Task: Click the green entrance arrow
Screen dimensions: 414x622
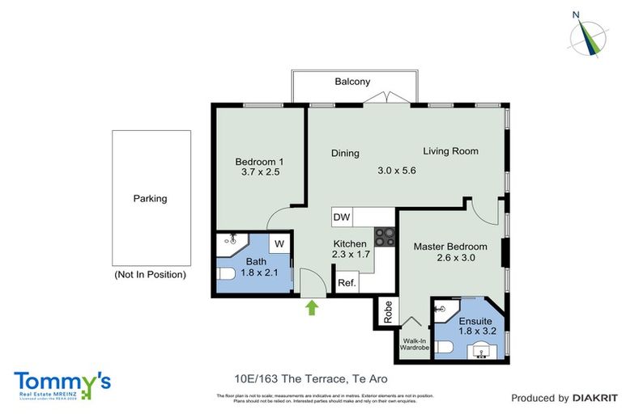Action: [312, 306]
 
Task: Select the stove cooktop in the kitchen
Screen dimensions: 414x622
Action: [384, 237]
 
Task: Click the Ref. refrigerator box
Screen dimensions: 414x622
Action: [347, 283]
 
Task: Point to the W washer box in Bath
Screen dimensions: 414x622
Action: [278, 243]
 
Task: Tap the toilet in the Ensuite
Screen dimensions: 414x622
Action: [443, 348]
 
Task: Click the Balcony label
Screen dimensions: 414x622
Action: [352, 82]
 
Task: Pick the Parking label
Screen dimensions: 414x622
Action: [151, 198]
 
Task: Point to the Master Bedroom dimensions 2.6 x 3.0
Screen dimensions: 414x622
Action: [450, 258]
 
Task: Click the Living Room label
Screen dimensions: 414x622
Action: [450, 151]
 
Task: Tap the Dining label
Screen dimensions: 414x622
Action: [345, 154]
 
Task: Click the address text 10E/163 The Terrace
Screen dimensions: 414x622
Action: [283, 378]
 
